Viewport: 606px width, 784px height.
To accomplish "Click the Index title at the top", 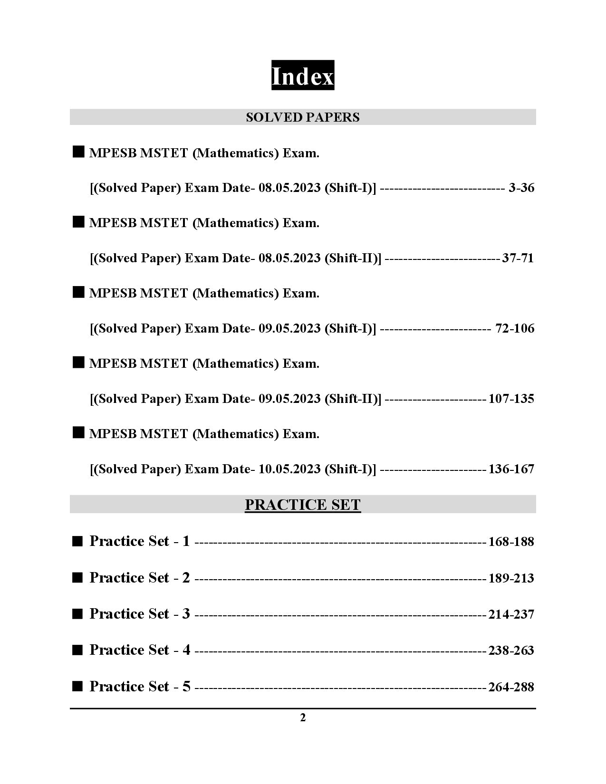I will pyautogui.click(x=302, y=76).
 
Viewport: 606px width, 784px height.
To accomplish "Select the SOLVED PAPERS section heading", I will pyautogui.click(x=302, y=117).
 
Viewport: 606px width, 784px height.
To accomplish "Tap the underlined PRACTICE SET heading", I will pyautogui.click(x=302, y=505).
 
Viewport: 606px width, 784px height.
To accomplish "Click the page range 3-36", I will pyautogui.click(x=521, y=188).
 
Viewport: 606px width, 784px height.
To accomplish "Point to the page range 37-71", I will pyautogui.click(x=518, y=258).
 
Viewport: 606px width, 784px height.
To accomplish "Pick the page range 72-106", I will pyautogui.click(x=515, y=329).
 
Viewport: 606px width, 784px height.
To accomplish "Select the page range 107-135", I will pyautogui.click(x=511, y=399).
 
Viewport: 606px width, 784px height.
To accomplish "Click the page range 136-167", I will pyautogui.click(x=511, y=469).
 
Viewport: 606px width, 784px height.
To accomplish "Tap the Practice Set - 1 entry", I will pyautogui.click(x=140, y=541).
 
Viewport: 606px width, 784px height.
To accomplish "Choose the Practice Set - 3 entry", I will pyautogui.click(x=140, y=614).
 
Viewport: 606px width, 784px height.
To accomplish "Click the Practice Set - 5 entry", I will pyautogui.click(x=140, y=687).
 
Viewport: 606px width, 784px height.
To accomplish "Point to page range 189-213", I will pyautogui.click(x=511, y=578).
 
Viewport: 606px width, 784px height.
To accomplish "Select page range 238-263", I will pyautogui.click(x=511, y=650).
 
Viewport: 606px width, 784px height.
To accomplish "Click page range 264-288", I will pyautogui.click(x=511, y=687).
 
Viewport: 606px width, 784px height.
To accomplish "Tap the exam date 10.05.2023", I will pyautogui.click(x=289, y=469).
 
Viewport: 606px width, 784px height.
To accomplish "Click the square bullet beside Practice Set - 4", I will pyautogui.click(x=77, y=650).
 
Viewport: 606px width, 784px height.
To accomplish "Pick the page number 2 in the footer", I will pyautogui.click(x=303, y=718).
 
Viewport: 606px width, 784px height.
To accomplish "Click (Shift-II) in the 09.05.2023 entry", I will pyautogui.click(x=353, y=399).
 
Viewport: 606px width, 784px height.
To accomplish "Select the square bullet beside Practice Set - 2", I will pyautogui.click(x=77, y=578).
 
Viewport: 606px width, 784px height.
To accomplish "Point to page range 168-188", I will pyautogui.click(x=511, y=542).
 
